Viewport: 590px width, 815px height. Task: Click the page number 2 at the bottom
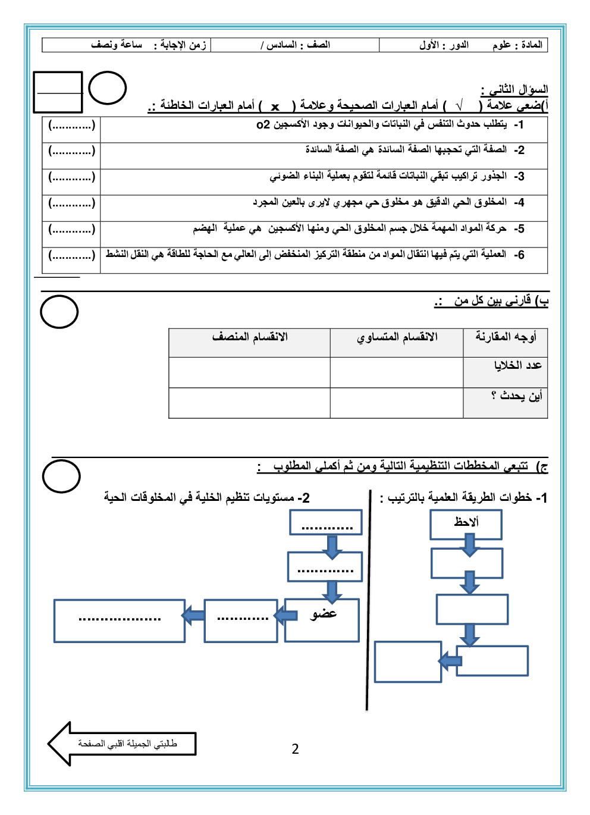(x=295, y=749)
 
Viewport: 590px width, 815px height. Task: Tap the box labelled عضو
(x=322, y=620)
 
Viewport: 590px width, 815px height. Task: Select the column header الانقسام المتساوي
(x=397, y=337)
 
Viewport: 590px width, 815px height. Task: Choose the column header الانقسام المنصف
(x=250, y=337)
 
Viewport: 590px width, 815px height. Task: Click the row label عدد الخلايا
(x=517, y=365)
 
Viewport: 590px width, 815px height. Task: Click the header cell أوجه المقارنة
(x=506, y=337)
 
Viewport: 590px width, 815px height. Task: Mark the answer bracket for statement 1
(x=71, y=125)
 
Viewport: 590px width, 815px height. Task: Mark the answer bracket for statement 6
(x=71, y=255)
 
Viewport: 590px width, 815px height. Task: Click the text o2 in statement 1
(x=263, y=124)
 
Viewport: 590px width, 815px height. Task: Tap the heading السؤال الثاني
(x=515, y=90)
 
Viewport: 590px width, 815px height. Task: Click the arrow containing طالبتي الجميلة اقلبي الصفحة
(x=122, y=744)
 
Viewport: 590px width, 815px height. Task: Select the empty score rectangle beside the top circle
(x=58, y=92)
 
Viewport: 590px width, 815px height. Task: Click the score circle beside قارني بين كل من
(x=59, y=312)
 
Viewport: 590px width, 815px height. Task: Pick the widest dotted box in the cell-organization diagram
(x=120, y=620)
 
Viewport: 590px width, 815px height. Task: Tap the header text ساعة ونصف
(x=117, y=45)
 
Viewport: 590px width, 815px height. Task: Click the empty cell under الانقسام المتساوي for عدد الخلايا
(x=397, y=372)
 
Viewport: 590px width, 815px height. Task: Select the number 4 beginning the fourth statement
(x=520, y=203)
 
